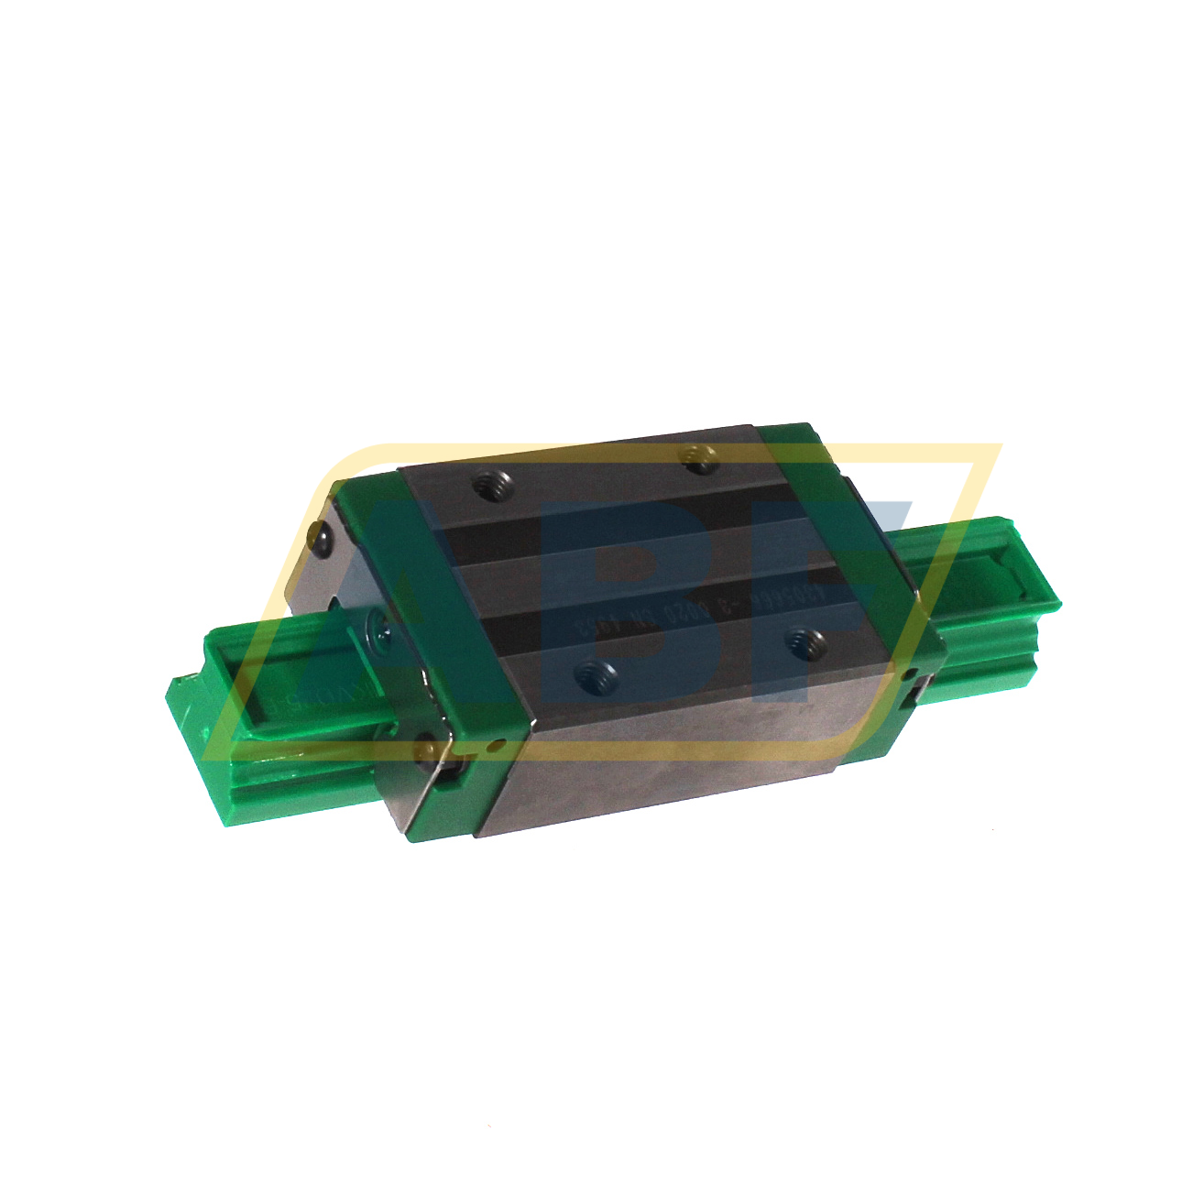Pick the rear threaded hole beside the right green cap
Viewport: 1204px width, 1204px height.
click(700, 456)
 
